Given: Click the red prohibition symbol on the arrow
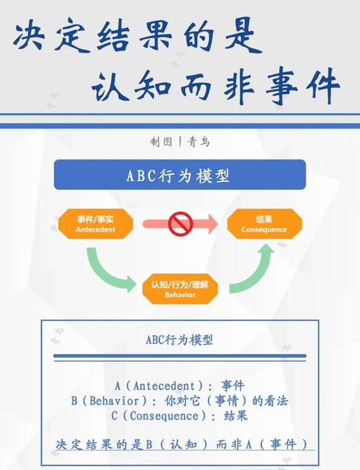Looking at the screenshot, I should click(180, 225).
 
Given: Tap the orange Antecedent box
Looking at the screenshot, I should click(96, 224).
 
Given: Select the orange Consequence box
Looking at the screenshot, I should click(264, 224).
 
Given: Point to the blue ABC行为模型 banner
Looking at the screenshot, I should click(180, 175).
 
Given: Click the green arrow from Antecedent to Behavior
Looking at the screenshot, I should click(108, 270).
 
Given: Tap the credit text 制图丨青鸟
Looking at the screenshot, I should click(180, 143).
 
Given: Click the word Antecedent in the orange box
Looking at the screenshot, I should click(96, 230).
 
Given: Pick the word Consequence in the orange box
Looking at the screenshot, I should click(264, 230).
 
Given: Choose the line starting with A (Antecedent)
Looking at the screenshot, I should click(180, 386).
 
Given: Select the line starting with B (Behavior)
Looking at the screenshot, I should click(180, 401).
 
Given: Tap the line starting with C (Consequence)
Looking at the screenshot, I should click(180, 416).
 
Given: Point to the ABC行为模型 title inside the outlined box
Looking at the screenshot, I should click(180, 339).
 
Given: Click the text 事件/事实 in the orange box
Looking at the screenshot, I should click(96, 218).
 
